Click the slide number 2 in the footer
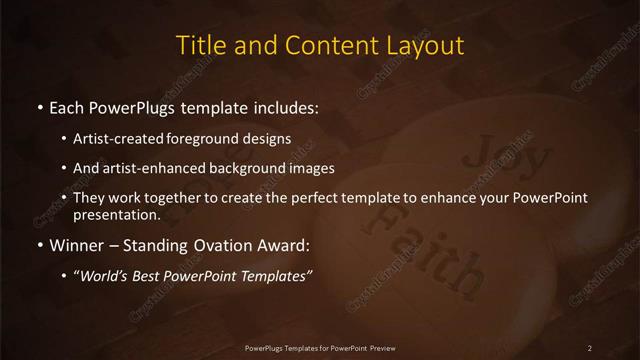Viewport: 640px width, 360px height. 590,347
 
